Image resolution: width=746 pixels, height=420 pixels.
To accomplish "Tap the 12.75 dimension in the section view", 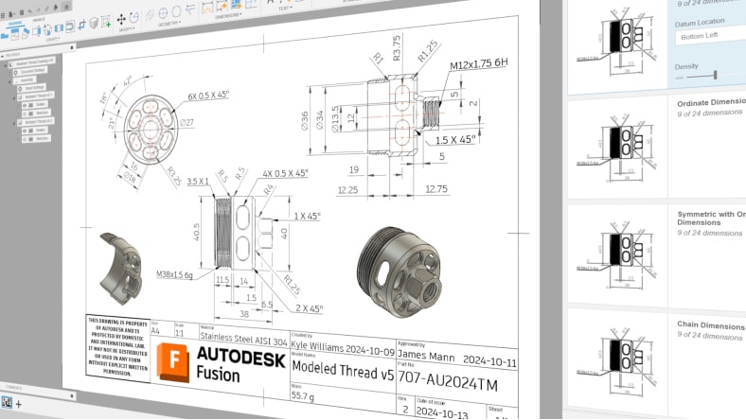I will [435, 189].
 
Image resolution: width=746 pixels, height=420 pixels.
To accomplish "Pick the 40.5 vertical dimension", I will [197, 232].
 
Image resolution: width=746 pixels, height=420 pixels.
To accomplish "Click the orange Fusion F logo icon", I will [175, 363].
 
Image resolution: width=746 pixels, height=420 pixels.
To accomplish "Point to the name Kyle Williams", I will [323, 346].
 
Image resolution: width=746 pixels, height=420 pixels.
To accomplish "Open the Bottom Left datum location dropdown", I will [710, 36].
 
